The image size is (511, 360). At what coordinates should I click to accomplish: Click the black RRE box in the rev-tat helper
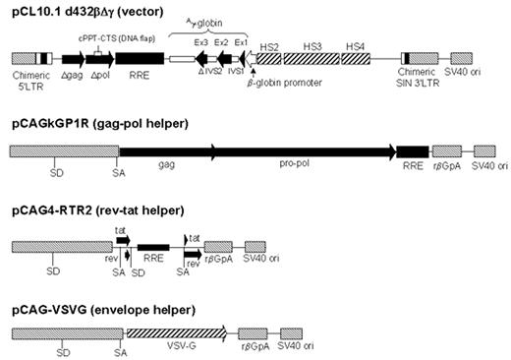point(153,246)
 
